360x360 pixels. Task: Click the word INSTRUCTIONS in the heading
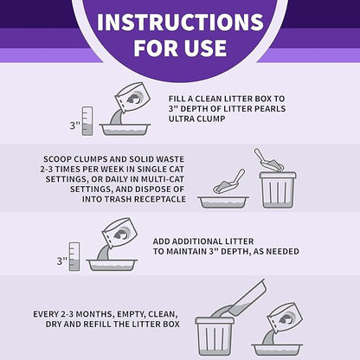pos(180,22)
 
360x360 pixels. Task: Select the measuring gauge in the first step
pos(87,121)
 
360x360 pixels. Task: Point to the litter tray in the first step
pos(125,130)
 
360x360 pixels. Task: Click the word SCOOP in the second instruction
pos(57,159)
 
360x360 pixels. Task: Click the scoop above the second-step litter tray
pos(229,182)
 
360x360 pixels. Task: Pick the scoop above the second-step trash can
pos(268,160)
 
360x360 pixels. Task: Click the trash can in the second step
pos(278,190)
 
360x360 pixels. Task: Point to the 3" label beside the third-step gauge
pos(62,261)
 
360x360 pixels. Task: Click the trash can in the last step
pos(215,337)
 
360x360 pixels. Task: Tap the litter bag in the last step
pos(285,318)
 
